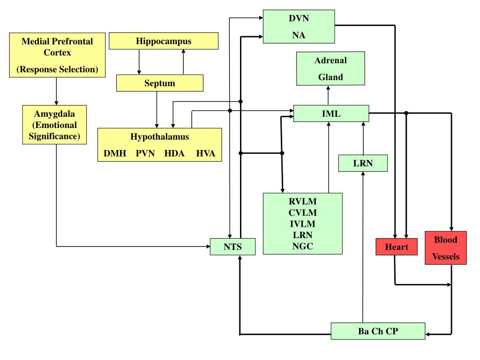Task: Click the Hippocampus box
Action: tap(164, 41)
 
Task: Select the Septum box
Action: tap(160, 83)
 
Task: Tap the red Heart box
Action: tap(397, 247)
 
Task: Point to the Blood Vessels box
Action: tap(445, 248)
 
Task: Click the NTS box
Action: tap(233, 247)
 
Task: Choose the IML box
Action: tap(331, 113)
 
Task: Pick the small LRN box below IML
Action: tap(363, 163)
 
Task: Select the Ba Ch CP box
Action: tap(378, 331)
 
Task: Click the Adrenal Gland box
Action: tap(330, 68)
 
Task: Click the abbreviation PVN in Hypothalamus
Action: tap(145, 153)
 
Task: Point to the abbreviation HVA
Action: tap(206, 153)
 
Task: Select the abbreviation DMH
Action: tap(115, 153)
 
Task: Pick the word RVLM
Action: tap(303, 202)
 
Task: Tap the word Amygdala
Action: tap(54, 113)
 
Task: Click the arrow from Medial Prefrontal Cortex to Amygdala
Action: tap(57, 91)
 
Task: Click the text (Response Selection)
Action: tap(58, 69)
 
